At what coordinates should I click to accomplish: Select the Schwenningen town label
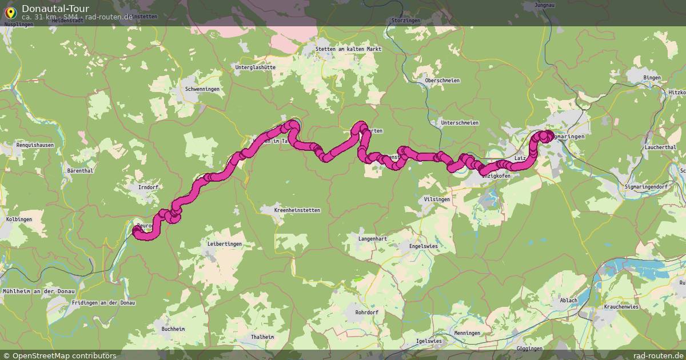coord(202,90)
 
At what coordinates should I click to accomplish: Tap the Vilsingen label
coord(437,199)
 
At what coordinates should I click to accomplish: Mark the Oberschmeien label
coord(442,81)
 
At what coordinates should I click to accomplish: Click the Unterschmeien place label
coord(460,123)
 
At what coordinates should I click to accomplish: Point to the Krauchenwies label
coord(620,307)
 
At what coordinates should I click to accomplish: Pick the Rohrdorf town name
coord(366,313)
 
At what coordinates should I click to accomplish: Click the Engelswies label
coord(424,246)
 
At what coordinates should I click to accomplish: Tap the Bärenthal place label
coord(80,170)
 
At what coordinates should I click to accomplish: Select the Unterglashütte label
coord(255,67)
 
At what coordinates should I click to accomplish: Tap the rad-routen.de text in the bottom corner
coord(661,355)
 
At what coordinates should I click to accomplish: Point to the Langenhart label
coord(373,238)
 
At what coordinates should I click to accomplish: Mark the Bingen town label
coord(652,78)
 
